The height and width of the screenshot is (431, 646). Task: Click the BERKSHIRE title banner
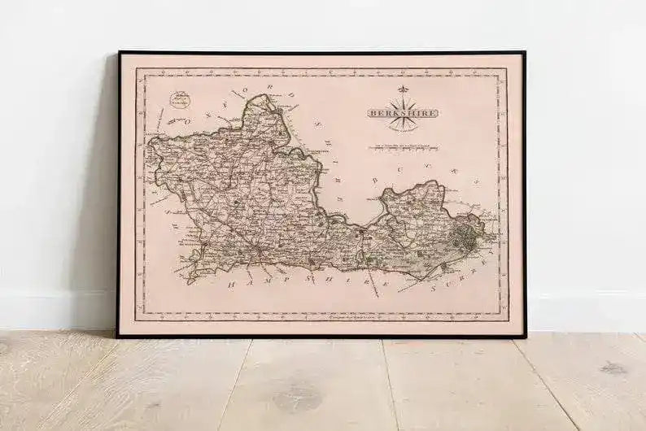(401, 113)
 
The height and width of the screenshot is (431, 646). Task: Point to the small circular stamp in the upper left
(180, 100)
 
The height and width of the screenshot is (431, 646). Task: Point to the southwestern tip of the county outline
(189, 281)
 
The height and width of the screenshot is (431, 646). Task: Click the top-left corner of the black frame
(119, 53)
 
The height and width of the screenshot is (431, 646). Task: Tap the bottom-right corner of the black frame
(525, 336)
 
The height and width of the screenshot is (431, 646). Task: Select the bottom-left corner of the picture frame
(117, 336)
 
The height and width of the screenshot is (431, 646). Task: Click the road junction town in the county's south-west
(260, 249)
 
